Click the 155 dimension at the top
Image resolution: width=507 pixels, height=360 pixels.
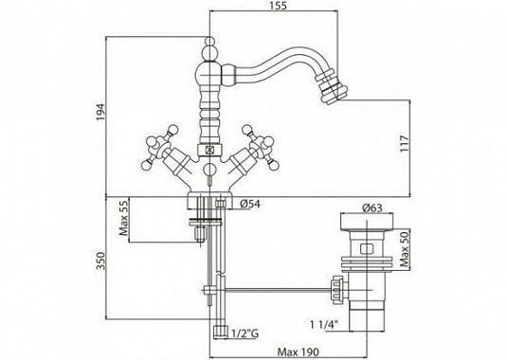click(x=280, y=6)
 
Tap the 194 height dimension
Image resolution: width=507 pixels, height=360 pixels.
click(x=101, y=112)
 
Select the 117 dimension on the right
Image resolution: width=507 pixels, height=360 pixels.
click(x=405, y=144)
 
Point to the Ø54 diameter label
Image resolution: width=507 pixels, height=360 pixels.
click(x=250, y=204)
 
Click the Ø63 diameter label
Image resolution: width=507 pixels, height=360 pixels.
click(x=372, y=207)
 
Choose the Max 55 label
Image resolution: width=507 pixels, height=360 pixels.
click(x=124, y=216)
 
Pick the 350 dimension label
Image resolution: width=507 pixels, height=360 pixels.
click(x=101, y=261)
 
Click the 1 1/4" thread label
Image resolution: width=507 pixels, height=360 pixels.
click(x=324, y=324)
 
